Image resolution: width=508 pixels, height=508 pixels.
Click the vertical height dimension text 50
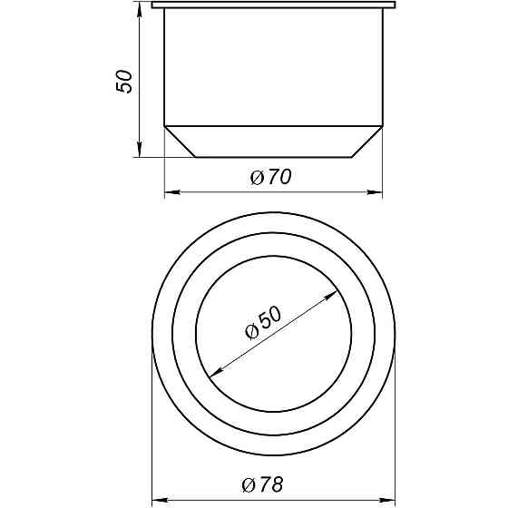(x=125, y=81)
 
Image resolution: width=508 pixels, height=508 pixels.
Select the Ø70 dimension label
(x=270, y=178)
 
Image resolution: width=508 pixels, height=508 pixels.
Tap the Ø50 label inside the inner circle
(x=264, y=322)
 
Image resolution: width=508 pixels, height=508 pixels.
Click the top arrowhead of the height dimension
(x=139, y=8)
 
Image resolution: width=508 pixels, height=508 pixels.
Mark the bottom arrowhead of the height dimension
(x=139, y=151)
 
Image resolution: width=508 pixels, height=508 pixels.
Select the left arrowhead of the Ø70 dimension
(x=170, y=192)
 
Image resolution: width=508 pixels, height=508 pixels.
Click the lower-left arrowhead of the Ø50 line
(x=214, y=372)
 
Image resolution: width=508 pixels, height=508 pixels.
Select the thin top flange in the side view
(x=273, y=5)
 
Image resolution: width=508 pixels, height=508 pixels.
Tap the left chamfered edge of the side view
(x=181, y=142)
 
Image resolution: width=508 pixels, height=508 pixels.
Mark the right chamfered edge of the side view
(x=366, y=142)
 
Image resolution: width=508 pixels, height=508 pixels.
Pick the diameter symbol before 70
(x=257, y=178)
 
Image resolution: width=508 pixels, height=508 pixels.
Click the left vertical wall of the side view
(x=164, y=68)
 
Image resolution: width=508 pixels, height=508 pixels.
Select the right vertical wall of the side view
(x=383, y=68)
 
